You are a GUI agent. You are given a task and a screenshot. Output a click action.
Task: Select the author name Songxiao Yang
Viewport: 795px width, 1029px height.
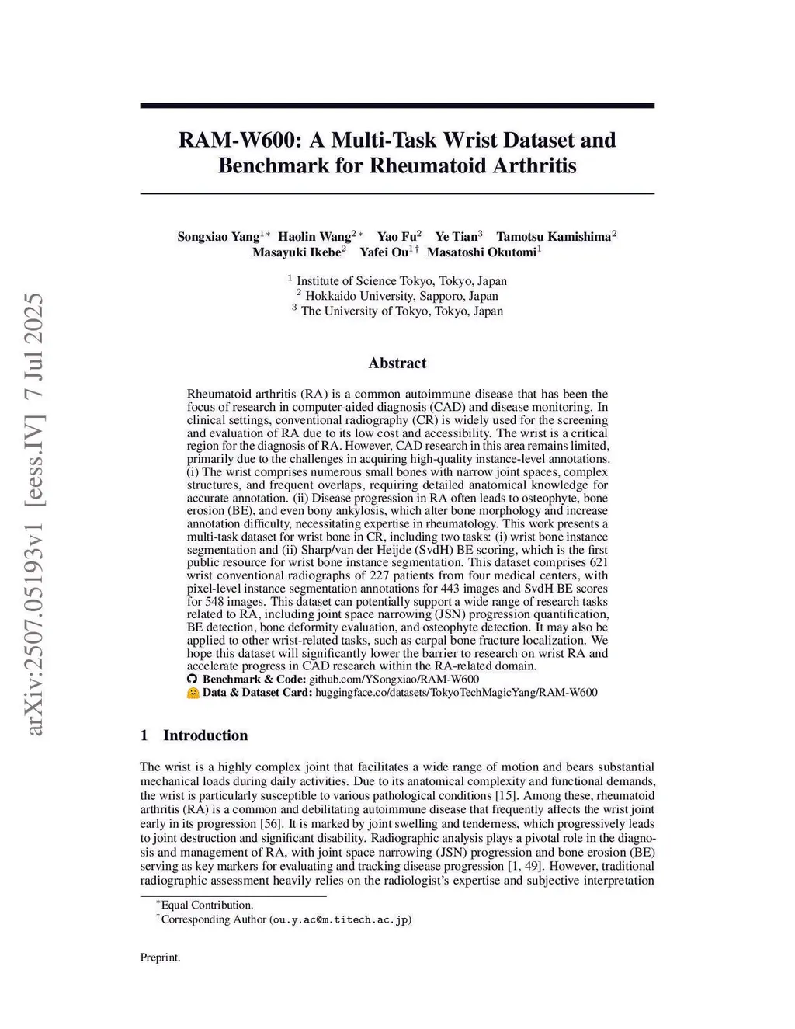[x=218, y=237]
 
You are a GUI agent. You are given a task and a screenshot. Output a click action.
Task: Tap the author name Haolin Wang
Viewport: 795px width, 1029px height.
[x=314, y=237]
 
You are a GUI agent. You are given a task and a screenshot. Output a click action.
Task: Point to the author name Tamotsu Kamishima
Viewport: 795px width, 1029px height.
[x=554, y=237]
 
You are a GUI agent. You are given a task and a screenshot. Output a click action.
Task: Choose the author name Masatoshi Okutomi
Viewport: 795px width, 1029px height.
[x=481, y=252]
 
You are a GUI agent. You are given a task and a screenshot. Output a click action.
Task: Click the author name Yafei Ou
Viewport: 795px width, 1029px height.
[x=384, y=252]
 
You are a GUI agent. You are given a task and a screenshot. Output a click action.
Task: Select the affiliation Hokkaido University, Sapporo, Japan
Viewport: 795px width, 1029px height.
[x=401, y=296]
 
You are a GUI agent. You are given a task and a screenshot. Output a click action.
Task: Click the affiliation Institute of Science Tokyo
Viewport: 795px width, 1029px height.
[x=401, y=281]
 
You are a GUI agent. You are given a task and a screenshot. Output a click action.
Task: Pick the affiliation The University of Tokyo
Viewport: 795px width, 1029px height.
[x=401, y=311]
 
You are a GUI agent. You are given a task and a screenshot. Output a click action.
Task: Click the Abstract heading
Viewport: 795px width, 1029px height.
[x=397, y=363]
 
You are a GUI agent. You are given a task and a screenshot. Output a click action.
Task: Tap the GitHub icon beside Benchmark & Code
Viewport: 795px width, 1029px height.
[x=193, y=680]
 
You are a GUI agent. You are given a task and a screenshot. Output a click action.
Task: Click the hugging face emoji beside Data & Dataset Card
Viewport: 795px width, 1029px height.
[x=193, y=693]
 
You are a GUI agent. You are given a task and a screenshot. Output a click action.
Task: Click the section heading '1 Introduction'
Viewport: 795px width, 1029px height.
[x=194, y=735]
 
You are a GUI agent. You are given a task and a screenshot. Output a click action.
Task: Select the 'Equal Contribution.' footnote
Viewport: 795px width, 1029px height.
[x=207, y=905]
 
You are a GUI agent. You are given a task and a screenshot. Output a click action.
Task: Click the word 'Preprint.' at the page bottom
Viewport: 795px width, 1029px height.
[x=160, y=958]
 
